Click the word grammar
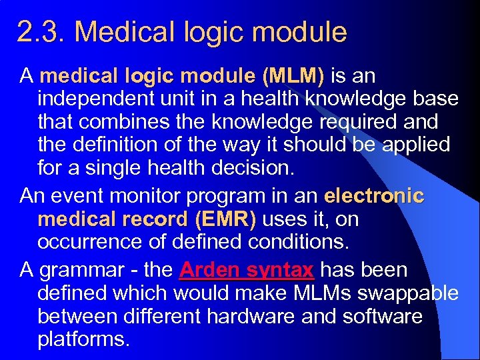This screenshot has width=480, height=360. (x=81, y=270)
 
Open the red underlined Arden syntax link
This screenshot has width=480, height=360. (x=247, y=270)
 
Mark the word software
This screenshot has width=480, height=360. (x=383, y=316)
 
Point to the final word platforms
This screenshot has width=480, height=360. (x=83, y=339)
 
